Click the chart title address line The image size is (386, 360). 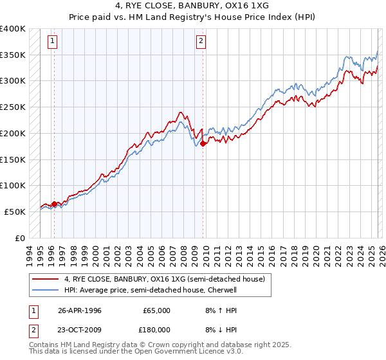click(x=193, y=6)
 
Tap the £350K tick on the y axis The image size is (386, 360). click(x=13, y=55)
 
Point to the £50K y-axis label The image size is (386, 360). click(x=15, y=212)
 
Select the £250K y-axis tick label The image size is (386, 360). click(x=13, y=107)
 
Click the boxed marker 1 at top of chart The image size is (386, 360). click(x=51, y=42)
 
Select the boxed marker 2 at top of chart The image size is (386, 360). click(x=201, y=42)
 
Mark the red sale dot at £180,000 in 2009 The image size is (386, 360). click(x=203, y=143)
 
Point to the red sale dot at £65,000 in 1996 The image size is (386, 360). click(x=54, y=204)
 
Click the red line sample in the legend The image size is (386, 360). click(x=46, y=279)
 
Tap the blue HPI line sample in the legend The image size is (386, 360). click(x=46, y=290)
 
